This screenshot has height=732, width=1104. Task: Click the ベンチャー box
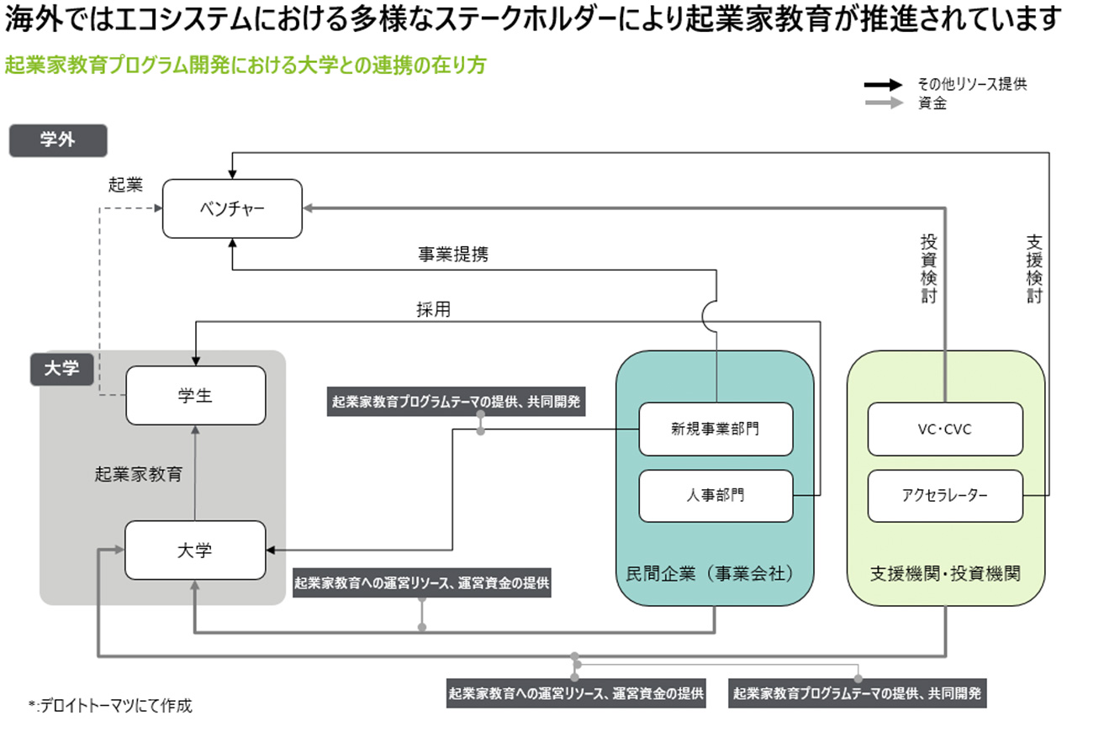232,208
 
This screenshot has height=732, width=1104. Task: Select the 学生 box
195,395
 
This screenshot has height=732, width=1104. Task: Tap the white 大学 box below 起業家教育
195,550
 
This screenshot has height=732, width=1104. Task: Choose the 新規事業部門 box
716,429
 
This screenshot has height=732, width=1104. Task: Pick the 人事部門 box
716,496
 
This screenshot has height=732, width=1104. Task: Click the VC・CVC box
945,429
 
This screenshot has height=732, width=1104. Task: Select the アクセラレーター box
945,496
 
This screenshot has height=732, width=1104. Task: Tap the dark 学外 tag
58,140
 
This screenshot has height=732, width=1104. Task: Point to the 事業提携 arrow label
452,255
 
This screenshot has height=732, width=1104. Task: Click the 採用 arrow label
433,309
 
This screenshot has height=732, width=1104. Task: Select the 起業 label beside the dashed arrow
125,185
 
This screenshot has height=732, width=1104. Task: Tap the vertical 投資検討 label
928,268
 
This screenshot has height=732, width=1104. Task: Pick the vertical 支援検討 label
1034,268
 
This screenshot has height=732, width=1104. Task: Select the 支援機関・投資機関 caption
945,574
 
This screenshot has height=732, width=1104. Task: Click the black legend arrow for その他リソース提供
884,85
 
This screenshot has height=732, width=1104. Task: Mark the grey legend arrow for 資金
884,103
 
